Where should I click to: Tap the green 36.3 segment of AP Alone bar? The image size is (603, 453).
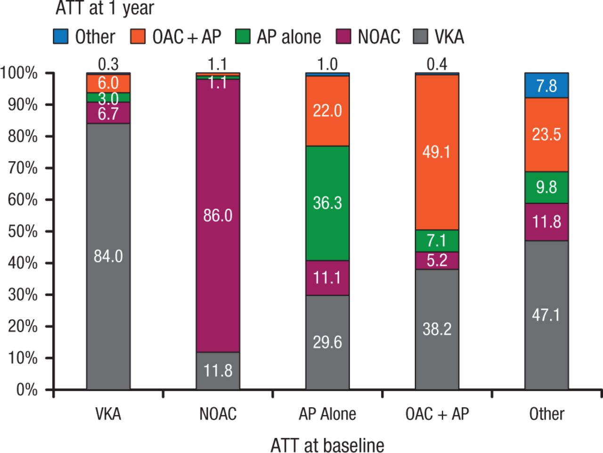(327, 203)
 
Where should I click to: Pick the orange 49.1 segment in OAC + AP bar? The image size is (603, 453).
(437, 152)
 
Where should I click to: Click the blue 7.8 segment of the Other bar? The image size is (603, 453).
(546, 85)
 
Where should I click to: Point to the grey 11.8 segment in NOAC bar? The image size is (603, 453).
(218, 371)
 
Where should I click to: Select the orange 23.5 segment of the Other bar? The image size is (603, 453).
(546, 135)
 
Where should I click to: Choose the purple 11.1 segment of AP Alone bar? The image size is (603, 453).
(327, 278)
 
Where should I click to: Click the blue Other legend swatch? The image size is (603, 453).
(61, 37)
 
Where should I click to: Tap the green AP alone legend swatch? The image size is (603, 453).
(244, 37)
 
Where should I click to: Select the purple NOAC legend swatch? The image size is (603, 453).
(344, 37)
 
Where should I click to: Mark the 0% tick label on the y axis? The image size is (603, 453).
(26, 390)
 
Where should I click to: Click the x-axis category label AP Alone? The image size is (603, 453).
(327, 414)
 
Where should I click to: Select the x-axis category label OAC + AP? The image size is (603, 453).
(437, 414)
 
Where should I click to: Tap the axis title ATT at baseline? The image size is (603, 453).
(327, 445)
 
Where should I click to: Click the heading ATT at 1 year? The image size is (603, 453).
(105, 8)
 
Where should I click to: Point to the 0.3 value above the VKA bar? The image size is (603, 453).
(108, 64)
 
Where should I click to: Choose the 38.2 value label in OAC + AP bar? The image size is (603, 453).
(437, 329)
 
